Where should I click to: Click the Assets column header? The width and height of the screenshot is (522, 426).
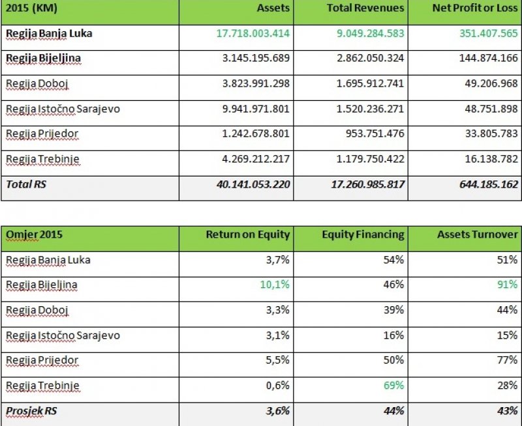tap(273, 8)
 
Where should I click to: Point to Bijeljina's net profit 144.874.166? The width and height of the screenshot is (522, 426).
tap(485, 59)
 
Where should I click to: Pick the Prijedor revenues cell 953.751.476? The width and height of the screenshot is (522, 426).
tap(375, 134)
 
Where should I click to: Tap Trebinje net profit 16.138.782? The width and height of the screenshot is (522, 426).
tap(488, 160)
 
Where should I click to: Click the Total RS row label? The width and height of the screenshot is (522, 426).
tap(26, 185)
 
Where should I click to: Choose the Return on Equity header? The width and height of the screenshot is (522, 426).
tap(248, 234)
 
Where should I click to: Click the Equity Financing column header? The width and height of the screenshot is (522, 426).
tap(363, 234)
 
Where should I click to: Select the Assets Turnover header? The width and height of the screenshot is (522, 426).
tap(478, 234)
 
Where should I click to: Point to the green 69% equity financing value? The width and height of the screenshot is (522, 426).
tap(393, 386)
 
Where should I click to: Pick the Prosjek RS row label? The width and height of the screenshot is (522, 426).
tap(31, 411)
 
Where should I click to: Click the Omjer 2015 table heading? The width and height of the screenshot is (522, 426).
tap(35, 234)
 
